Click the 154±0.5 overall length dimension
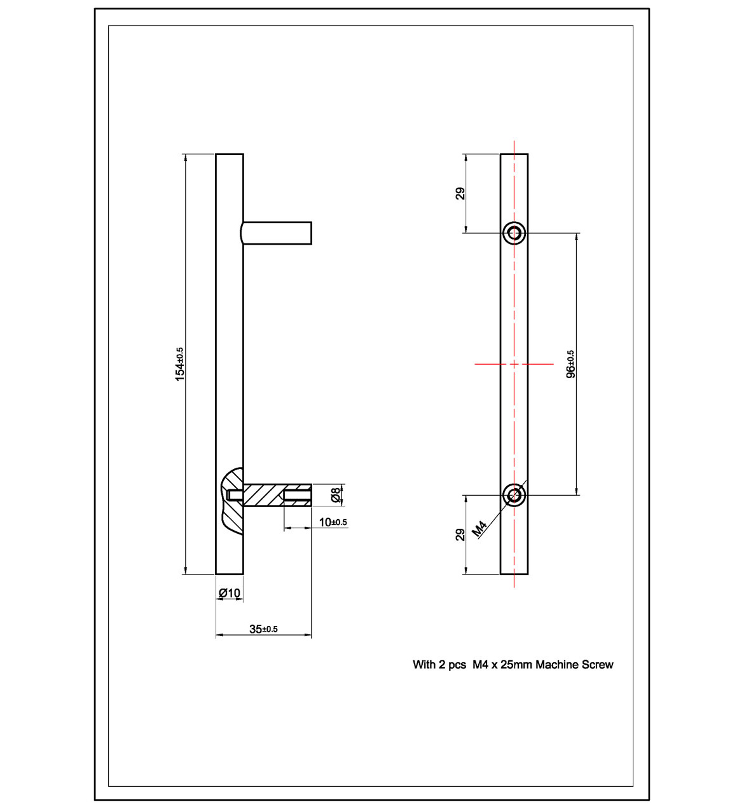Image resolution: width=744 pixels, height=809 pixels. pos(180,364)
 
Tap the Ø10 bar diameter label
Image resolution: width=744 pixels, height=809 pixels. pos(230,593)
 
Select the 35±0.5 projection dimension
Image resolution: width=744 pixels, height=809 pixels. pos(263,629)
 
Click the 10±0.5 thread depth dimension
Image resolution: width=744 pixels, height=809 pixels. pos(333,522)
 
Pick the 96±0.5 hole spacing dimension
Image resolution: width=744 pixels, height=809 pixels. pos(570,364)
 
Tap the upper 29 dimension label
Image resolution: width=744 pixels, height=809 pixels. pos(461,193)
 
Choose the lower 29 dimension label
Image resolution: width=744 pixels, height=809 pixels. pos(461,534)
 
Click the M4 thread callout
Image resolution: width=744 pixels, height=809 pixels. pos(480,527)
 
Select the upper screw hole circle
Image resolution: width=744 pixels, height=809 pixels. pos(514,233)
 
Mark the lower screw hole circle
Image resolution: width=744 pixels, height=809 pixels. pos(514,494)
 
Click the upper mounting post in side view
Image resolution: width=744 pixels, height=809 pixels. pos(277,233)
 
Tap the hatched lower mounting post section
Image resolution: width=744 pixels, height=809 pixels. pos(262,495)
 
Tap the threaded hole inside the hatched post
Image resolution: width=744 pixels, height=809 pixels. pos(297,495)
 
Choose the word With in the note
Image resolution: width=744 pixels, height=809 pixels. pos(424,665)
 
